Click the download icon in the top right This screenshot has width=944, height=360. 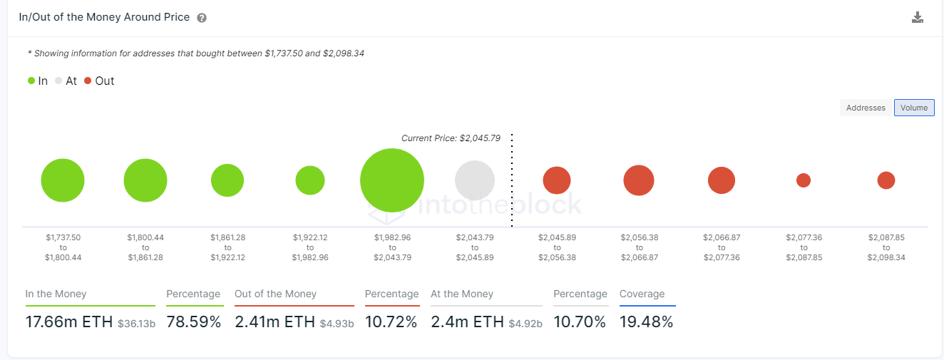click(918, 18)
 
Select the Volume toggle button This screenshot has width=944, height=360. click(913, 108)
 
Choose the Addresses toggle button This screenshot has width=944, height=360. click(866, 108)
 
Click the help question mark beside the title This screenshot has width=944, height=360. click(202, 18)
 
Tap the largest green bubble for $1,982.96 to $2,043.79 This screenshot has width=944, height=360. click(392, 180)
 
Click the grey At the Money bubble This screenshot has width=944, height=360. click(475, 180)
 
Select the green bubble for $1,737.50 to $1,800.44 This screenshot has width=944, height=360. click(63, 180)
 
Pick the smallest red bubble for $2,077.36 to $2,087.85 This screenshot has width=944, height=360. click(804, 180)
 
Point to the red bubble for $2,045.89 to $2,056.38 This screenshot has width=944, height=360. click(557, 180)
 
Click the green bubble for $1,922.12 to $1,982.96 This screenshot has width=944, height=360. click(310, 180)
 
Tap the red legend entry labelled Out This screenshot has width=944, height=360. click(99, 81)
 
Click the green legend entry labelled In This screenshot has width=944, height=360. click(38, 81)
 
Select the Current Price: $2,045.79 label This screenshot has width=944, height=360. click(451, 138)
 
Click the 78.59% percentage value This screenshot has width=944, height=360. click(194, 322)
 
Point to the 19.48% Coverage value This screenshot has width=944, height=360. click(646, 322)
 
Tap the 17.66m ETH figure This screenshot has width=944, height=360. click(69, 322)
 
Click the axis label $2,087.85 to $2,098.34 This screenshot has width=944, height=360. click(886, 247)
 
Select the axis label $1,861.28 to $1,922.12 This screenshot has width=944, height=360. click(227, 247)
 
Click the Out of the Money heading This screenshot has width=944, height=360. click(275, 294)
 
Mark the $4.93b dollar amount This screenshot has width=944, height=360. click(337, 324)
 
